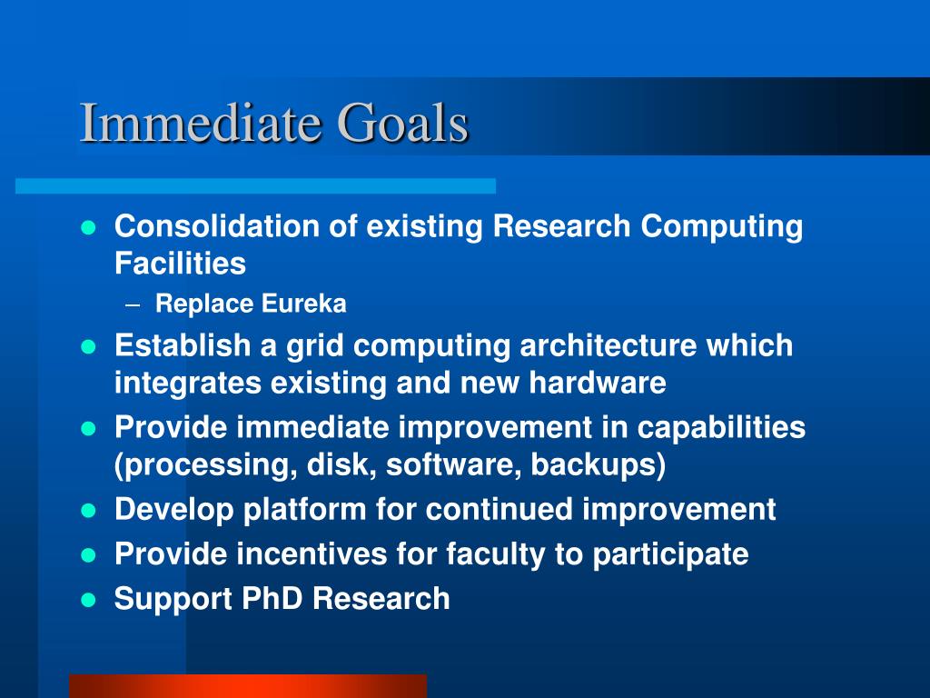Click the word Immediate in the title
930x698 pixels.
pyautogui.click(x=201, y=123)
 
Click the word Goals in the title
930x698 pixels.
pyautogui.click(x=402, y=123)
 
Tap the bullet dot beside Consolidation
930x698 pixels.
pyautogui.click(x=88, y=228)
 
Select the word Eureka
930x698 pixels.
pyautogui.click(x=303, y=304)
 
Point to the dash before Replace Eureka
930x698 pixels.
pyautogui.click(x=133, y=305)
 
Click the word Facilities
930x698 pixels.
pyautogui.click(x=180, y=263)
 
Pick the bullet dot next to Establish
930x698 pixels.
pyautogui.click(x=88, y=346)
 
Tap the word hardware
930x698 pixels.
pyautogui.click(x=598, y=383)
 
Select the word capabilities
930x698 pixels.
pyautogui.click(x=721, y=428)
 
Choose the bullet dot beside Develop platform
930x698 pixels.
pyautogui.click(x=88, y=511)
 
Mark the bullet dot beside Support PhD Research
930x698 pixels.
pyautogui.click(x=88, y=600)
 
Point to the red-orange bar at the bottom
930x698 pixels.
pyautogui.click(x=248, y=686)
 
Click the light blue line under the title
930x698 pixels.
pyautogui.click(x=255, y=185)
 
